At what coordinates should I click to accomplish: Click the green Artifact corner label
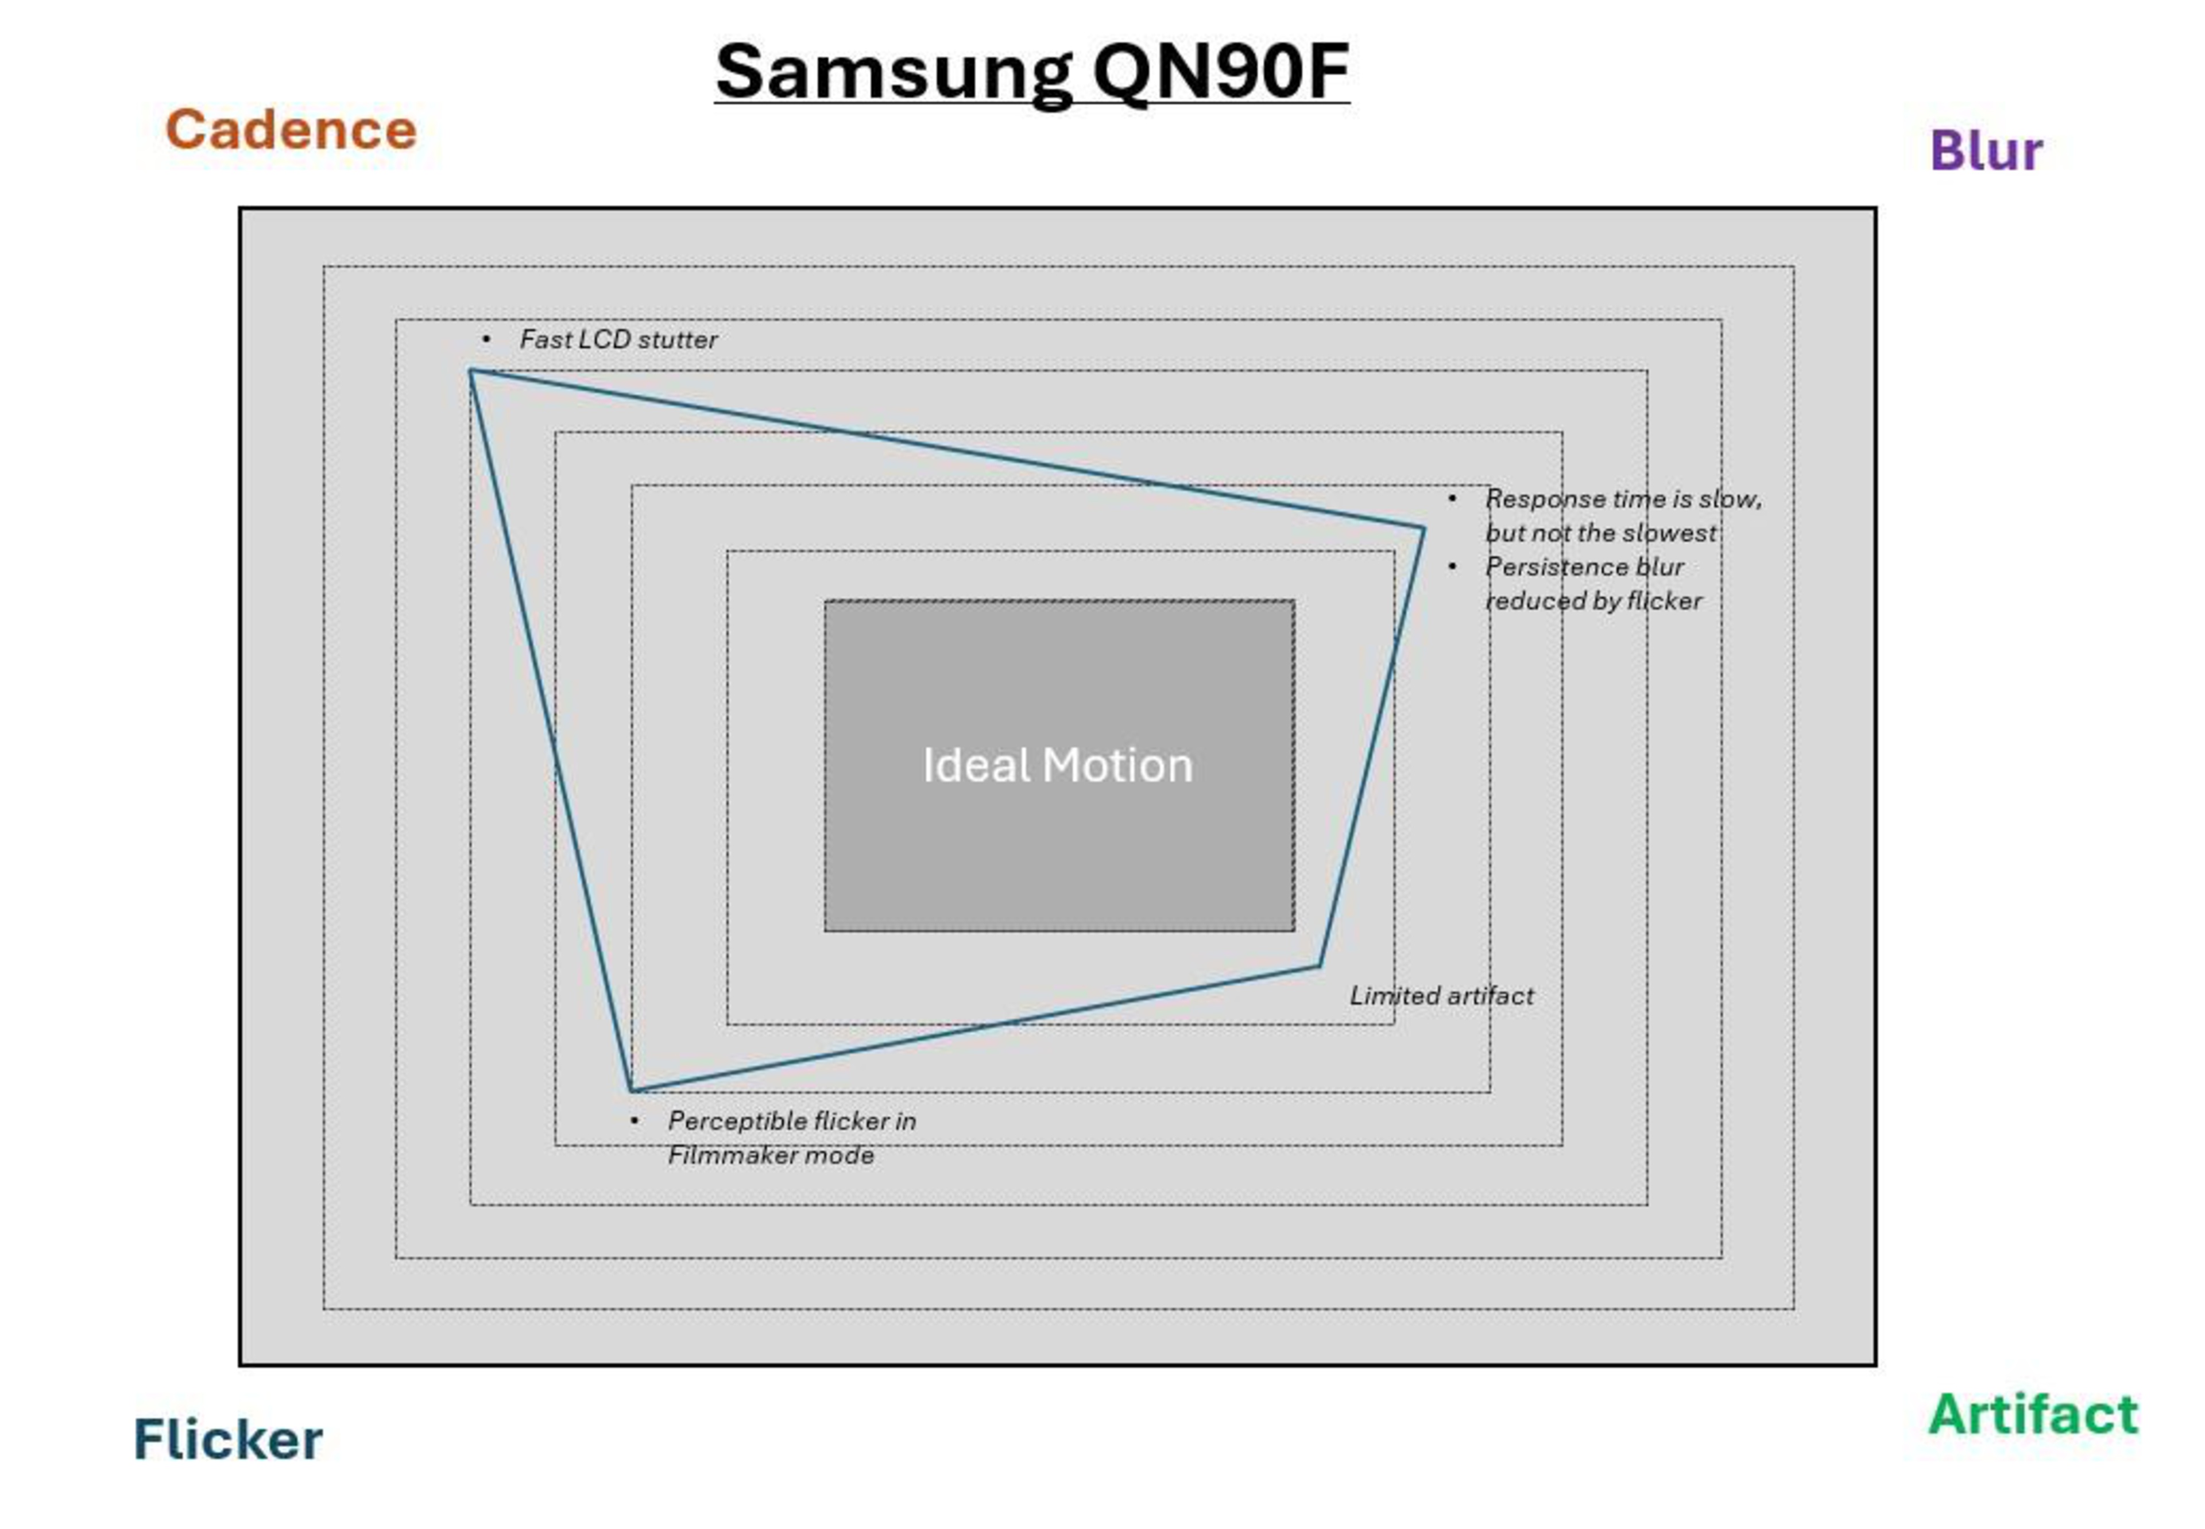2033,1414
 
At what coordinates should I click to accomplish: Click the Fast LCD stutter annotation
618,339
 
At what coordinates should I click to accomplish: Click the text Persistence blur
1583,567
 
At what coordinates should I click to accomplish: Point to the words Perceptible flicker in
791,1121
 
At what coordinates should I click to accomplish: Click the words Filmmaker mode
771,1155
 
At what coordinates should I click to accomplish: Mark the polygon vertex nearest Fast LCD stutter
470,371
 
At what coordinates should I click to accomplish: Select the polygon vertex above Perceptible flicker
632,1091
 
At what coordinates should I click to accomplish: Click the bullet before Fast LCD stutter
487,339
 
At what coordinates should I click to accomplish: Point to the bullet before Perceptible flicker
635,1121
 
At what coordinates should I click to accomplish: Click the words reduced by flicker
1593,601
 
